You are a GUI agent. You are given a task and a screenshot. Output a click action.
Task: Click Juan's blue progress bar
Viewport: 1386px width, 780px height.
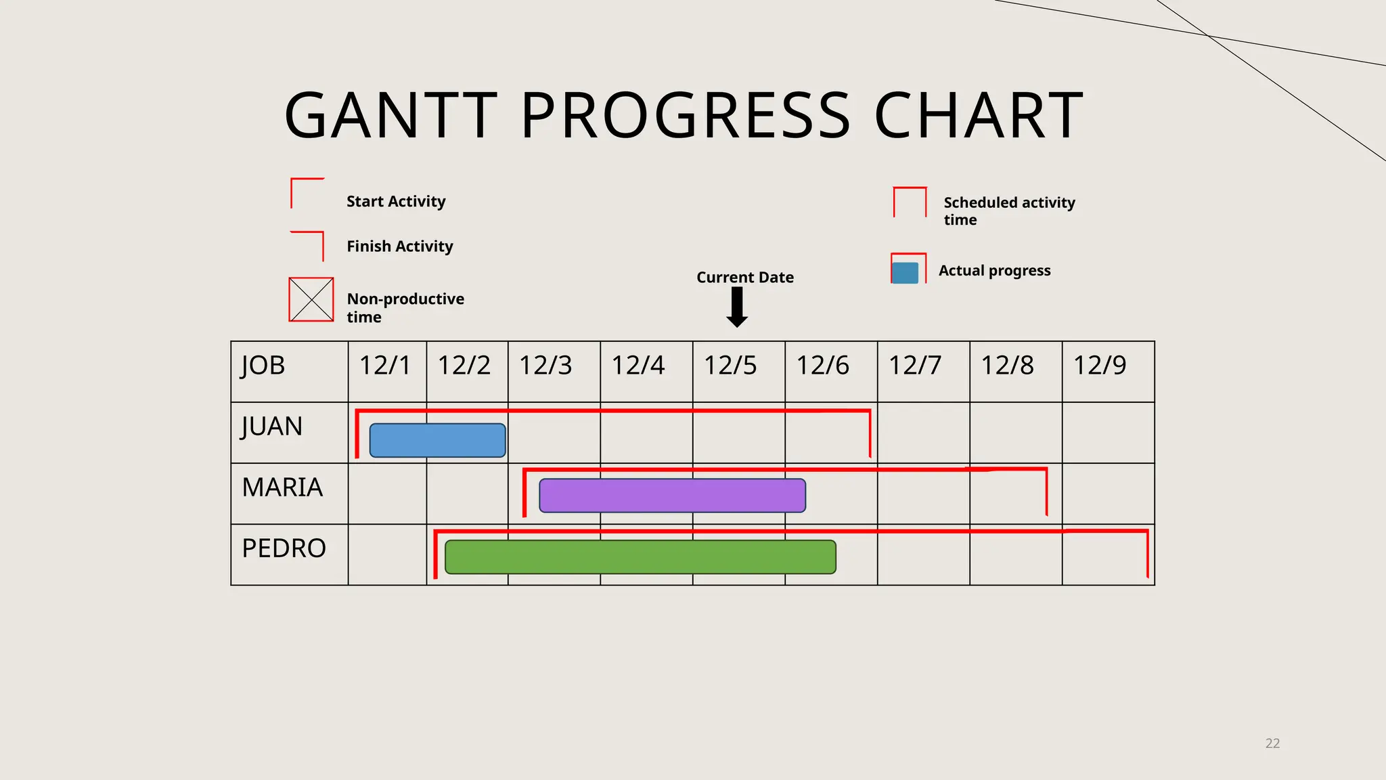437,440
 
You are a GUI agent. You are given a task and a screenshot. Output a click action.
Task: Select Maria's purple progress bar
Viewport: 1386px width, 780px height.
672,496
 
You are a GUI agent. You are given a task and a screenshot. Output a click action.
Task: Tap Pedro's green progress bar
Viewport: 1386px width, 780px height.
640,557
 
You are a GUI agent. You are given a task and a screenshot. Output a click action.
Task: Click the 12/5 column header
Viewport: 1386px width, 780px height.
730,366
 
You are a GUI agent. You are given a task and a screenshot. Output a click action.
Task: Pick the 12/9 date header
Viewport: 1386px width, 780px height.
1100,366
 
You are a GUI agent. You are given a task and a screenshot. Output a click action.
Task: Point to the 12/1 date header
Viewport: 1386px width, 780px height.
384,366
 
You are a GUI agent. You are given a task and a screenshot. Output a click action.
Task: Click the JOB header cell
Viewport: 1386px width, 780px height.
263,366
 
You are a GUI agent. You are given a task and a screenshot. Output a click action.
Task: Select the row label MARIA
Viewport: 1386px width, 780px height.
282,487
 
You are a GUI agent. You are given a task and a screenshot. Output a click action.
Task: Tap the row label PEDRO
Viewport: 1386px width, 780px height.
284,548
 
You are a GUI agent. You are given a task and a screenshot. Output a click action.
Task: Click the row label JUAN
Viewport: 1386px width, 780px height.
271,427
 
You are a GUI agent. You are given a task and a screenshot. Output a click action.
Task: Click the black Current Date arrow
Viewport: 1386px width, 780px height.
737,307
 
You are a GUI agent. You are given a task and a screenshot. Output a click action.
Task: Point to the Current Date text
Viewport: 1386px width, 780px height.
744,278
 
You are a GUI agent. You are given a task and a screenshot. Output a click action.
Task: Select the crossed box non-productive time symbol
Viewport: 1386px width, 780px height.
311,299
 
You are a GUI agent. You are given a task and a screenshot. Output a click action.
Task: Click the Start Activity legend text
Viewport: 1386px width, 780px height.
396,202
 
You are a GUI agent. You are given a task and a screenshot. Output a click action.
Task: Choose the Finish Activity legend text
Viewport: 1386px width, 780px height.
399,246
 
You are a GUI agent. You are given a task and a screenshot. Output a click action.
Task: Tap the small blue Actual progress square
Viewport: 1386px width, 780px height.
905,273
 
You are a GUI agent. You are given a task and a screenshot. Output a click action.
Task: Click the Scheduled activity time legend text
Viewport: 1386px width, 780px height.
1008,211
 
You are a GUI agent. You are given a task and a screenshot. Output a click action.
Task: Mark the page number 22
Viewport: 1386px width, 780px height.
1272,743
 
